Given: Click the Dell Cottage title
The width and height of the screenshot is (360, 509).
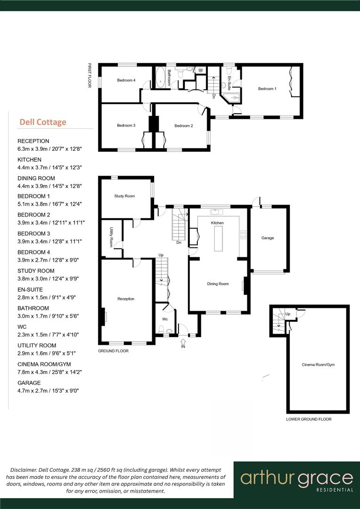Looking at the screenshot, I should (x=42, y=122).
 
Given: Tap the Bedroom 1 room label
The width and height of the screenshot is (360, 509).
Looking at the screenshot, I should (x=267, y=89).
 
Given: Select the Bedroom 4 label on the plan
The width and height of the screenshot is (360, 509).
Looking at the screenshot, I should (x=126, y=81).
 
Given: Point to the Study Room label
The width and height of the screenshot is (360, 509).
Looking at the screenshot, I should (x=124, y=196).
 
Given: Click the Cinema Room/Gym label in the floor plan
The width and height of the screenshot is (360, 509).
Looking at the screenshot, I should (x=318, y=364).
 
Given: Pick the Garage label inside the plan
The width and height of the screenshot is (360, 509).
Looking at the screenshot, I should (x=268, y=238).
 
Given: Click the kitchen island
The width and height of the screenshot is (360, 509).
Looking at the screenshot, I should (x=218, y=239).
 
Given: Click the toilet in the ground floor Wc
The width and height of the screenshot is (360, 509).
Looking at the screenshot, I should (x=161, y=331).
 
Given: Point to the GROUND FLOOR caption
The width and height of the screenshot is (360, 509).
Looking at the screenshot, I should (x=113, y=351).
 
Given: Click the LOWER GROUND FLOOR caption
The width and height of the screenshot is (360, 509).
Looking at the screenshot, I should (x=309, y=419).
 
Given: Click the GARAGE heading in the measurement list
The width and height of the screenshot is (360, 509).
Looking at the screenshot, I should (x=29, y=383).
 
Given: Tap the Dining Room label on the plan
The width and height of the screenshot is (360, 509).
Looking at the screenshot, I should (x=218, y=284).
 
